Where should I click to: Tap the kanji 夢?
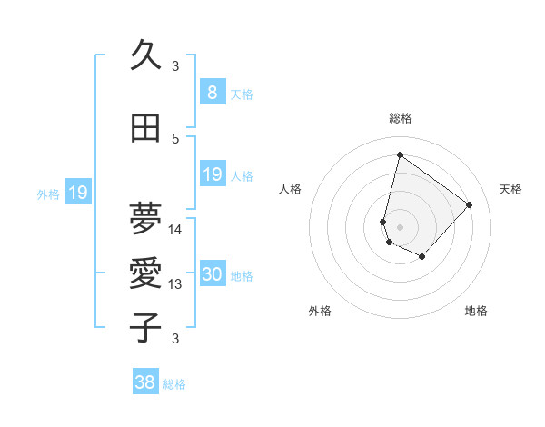point(145,217)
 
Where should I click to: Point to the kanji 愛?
point(145,273)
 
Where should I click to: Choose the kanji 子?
point(145,327)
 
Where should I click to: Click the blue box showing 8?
point(212,93)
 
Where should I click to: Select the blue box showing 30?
point(212,275)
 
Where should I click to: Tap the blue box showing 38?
point(144,382)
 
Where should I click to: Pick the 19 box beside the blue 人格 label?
point(212,174)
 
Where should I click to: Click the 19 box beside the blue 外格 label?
point(77,193)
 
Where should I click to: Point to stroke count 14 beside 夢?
point(176,229)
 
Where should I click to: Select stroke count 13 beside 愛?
point(176,284)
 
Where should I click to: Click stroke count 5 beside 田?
point(175,139)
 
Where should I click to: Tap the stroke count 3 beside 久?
point(175,65)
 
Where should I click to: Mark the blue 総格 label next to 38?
point(174,384)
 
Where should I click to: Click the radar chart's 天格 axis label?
point(511,189)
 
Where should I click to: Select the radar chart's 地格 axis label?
point(476,311)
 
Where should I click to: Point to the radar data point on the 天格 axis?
point(469,204)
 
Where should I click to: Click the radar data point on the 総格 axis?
point(400,154)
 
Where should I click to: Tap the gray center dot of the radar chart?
point(400,226)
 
